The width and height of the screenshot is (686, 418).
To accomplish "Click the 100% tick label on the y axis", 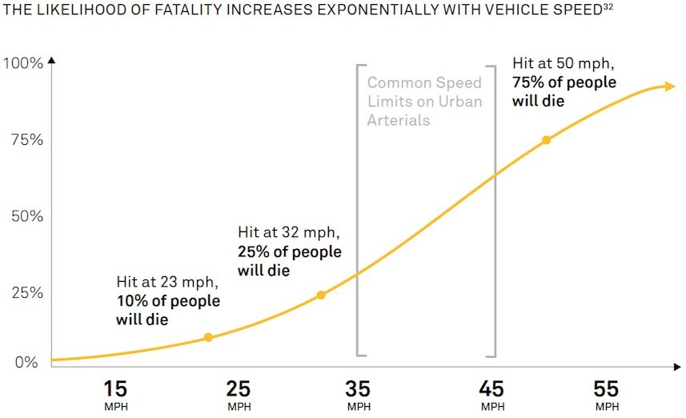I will pyautogui.click(x=23, y=63).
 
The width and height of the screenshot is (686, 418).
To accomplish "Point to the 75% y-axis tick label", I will pyautogui.click(x=26, y=140).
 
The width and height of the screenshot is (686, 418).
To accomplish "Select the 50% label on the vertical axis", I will pyautogui.click(x=26, y=216).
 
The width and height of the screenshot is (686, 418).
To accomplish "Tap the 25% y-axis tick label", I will pyautogui.click(x=26, y=293).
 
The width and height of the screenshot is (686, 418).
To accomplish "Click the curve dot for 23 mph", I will pyautogui.click(x=208, y=337).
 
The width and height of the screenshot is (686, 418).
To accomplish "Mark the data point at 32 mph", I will pyautogui.click(x=321, y=295).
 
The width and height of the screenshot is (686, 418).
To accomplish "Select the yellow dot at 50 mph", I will pyautogui.click(x=546, y=140).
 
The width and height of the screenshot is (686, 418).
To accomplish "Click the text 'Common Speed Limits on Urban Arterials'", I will pyautogui.click(x=424, y=102).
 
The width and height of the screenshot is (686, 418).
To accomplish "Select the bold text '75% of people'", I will pyautogui.click(x=564, y=82).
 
